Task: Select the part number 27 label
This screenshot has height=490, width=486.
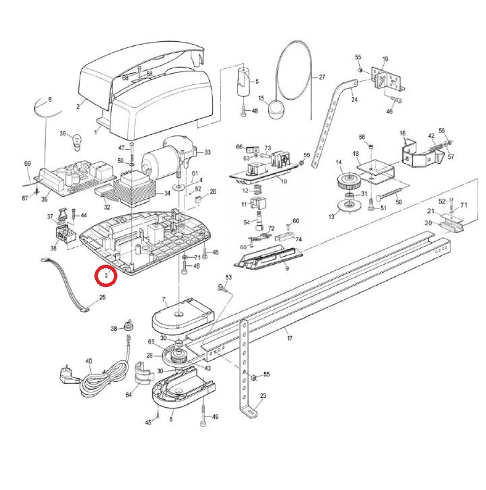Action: [321, 77]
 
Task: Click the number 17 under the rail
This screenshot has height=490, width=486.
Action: [290, 338]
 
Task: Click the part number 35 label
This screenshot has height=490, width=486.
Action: [44, 200]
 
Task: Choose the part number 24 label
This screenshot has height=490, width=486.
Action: [354, 99]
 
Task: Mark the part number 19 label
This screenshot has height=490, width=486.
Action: [385, 59]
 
